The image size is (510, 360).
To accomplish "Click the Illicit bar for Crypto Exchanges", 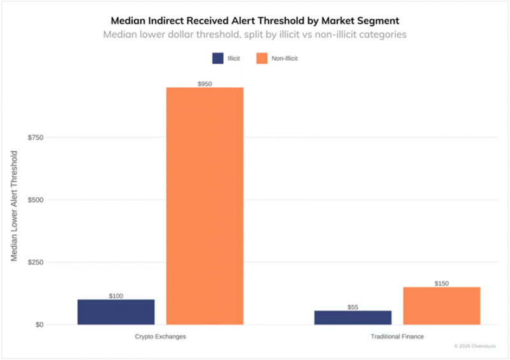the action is pos(116,312).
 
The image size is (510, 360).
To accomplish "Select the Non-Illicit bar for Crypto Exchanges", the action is pos(205,206).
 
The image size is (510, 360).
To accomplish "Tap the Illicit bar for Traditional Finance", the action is pos(353,317).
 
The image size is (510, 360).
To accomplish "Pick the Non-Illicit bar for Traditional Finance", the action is pos(442,306).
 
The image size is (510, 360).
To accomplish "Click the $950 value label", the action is pos(205,84).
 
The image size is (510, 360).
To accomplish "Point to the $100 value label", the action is pos(116,296).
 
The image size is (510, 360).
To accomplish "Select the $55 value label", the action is pos(353,307).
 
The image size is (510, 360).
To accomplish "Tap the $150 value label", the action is pos(442,284).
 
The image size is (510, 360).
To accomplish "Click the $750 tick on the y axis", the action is pos(36,138).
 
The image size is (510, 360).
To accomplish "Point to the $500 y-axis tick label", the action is pos(36,200).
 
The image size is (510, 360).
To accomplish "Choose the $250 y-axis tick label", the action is pos(36,263).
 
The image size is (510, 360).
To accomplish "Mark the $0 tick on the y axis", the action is pos(40,325).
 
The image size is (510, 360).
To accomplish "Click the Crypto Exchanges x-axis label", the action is pos(161,336).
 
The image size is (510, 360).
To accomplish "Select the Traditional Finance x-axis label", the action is pos(397,336).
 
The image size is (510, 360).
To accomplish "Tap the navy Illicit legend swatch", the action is pos(218,58).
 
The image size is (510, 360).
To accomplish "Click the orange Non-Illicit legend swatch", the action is pos(262,58).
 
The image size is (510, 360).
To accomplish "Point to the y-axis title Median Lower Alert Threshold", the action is pos(14,206).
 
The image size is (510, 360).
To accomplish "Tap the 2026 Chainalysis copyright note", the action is pos(475,346).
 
